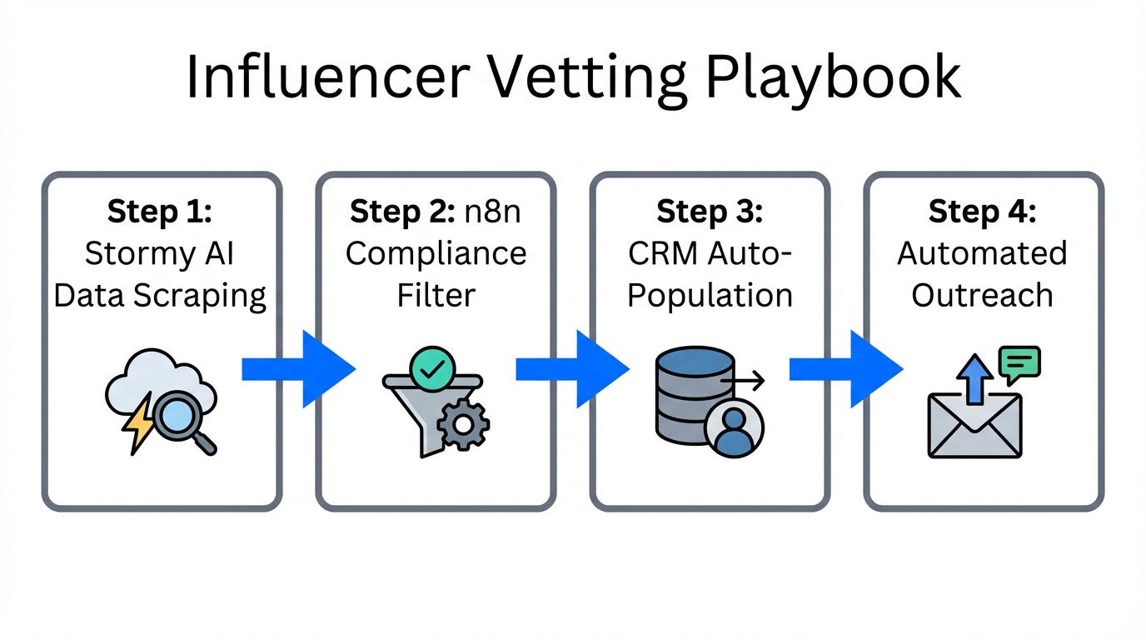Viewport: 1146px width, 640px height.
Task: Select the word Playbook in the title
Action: click(x=832, y=77)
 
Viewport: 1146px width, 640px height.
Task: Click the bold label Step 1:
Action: click(x=160, y=212)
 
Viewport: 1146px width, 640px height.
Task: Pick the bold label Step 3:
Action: click(x=710, y=212)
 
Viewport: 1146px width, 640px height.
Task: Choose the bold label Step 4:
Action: click(x=983, y=212)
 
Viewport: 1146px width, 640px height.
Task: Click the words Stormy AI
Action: click(x=160, y=253)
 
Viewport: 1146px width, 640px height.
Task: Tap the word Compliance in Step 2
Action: click(x=436, y=253)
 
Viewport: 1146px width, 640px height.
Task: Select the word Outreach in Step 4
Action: click(x=983, y=295)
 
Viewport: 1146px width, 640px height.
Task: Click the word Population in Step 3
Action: click(x=710, y=295)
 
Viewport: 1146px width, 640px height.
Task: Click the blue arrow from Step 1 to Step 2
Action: click(x=299, y=369)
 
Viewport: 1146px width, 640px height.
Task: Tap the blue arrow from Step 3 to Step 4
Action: click(x=846, y=369)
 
